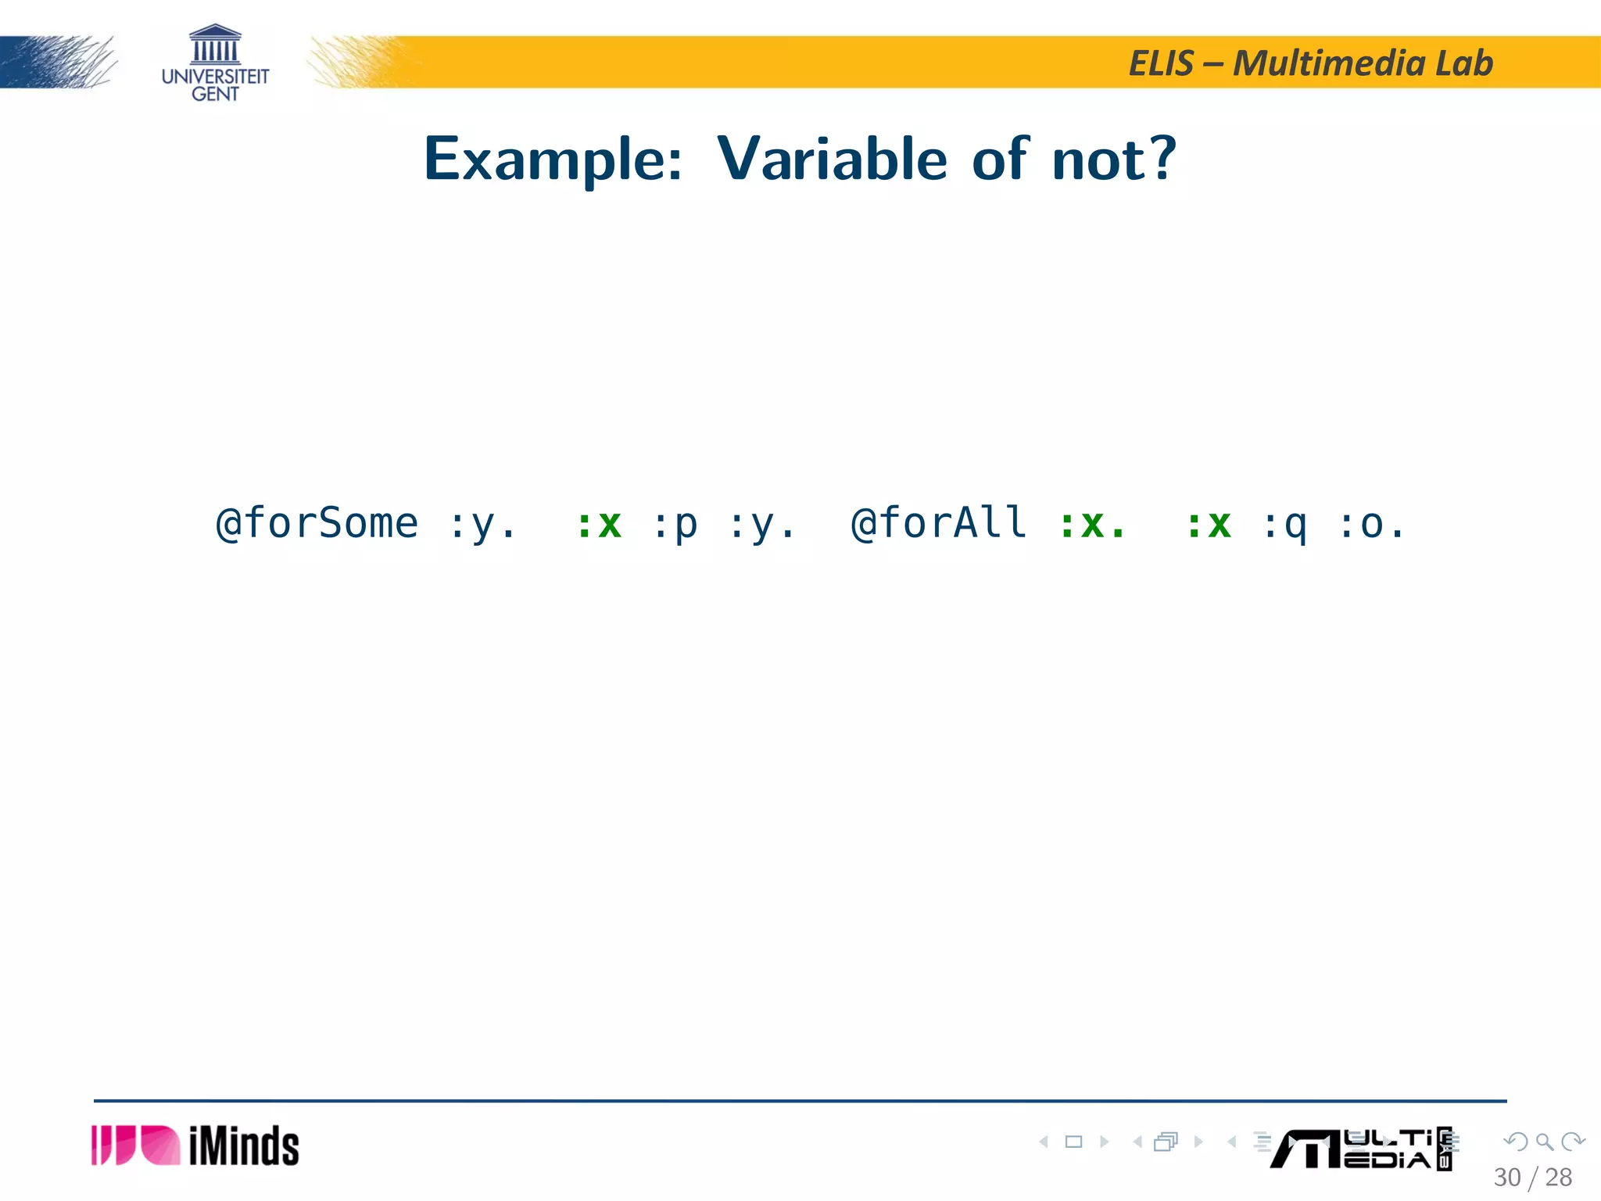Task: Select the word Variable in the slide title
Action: (832, 159)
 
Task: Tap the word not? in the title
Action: (1113, 159)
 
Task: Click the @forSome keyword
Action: (317, 523)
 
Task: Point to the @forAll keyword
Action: (938, 523)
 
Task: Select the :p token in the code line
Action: (675, 525)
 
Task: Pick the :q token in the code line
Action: (1284, 525)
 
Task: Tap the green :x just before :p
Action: (599, 525)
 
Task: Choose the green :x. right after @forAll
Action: (1093, 525)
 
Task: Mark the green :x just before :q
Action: (1209, 525)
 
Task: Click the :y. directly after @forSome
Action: (482, 525)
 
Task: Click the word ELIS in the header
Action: (1162, 63)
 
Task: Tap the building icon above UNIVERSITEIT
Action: (215, 44)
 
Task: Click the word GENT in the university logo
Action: (215, 94)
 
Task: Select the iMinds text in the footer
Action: (244, 1146)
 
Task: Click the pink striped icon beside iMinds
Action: (135, 1145)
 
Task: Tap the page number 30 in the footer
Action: (1507, 1177)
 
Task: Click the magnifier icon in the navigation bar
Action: (1544, 1142)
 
